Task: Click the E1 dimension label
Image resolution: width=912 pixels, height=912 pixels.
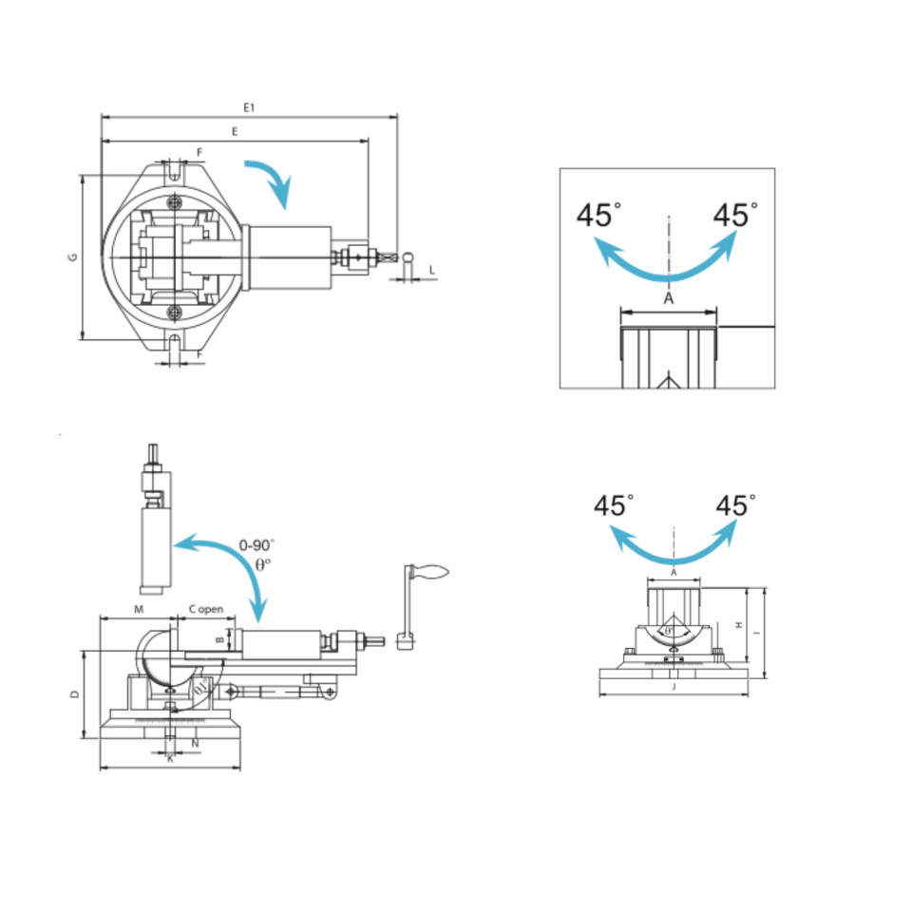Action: click(248, 107)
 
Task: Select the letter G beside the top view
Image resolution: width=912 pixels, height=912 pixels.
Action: click(73, 257)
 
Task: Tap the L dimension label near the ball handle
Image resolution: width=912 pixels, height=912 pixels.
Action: click(431, 271)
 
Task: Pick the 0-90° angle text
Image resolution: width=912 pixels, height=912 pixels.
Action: click(256, 545)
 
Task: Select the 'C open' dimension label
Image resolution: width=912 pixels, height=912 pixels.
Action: click(205, 607)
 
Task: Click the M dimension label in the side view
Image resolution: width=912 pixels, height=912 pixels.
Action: click(138, 607)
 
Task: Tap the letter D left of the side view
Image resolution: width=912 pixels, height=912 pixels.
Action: click(74, 694)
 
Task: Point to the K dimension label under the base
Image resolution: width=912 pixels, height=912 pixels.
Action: click(170, 759)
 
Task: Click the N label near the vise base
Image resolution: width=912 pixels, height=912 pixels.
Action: click(195, 743)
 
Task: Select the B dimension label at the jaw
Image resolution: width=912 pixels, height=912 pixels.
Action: click(219, 640)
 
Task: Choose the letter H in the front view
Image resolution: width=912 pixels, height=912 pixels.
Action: click(738, 624)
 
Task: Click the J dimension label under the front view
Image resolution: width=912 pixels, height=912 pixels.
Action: click(673, 686)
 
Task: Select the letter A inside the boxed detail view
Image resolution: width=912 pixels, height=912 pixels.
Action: click(668, 298)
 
